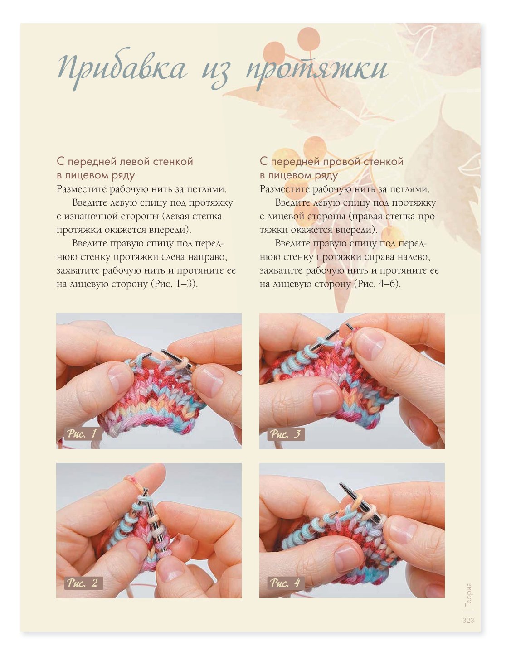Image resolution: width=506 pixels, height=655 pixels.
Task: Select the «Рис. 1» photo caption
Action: [82, 434]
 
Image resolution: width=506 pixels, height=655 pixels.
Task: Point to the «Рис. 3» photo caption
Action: [286, 434]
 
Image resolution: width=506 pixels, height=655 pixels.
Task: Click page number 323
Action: [468, 620]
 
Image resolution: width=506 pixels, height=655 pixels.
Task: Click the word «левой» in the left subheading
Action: [135, 162]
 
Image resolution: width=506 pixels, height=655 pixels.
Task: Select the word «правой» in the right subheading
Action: [341, 162]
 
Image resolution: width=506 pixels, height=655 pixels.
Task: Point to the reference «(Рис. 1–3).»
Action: [174, 284]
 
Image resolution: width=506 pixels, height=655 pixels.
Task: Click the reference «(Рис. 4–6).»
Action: [377, 284]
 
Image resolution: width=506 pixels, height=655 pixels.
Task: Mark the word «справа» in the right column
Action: [379, 257]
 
